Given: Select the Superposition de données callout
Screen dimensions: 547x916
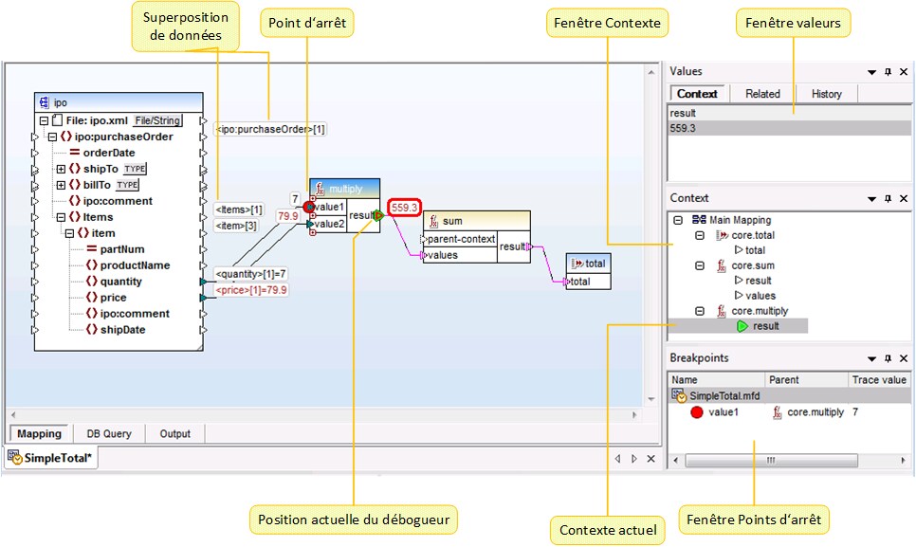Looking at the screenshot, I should tap(184, 27).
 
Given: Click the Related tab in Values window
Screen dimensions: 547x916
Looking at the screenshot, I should tap(762, 94).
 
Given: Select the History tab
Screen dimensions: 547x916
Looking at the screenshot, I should tap(826, 94).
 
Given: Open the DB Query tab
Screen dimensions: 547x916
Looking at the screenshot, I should tap(109, 433).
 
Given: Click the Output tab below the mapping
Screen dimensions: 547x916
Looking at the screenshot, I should tap(174, 433).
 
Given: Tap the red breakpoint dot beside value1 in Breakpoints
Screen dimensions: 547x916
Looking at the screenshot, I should tap(697, 413).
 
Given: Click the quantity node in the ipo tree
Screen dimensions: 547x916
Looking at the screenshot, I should tap(120, 281).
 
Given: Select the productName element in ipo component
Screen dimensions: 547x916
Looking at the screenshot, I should tap(135, 264).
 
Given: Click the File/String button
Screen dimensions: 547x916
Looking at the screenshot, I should tap(156, 120).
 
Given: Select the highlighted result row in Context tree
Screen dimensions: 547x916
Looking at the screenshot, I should tap(765, 326).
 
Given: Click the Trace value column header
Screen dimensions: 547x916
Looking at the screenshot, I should tap(879, 379).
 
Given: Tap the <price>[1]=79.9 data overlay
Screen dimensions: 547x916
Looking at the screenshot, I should tap(251, 290).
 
